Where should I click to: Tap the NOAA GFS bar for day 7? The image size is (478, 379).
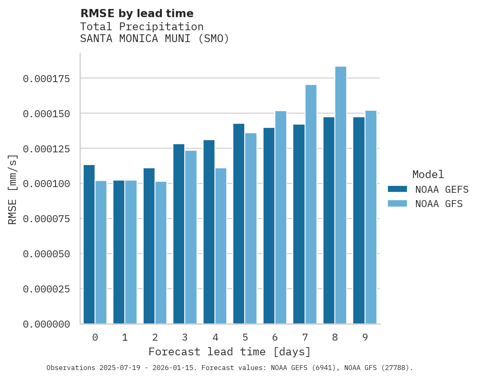pos(311,204)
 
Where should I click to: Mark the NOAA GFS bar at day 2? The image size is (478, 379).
pos(161,253)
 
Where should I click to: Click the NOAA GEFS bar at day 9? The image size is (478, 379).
pos(359,221)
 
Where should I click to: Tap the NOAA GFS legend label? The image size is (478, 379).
pos(439,204)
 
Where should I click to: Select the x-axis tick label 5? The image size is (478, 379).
pos(245,337)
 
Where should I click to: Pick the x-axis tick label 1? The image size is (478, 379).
pos(125,337)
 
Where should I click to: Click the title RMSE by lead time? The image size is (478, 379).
pos(137,13)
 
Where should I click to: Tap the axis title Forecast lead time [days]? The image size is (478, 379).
pos(230,352)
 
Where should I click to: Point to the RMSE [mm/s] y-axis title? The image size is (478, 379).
pos(13,189)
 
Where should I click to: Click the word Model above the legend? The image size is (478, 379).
pos(428,174)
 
